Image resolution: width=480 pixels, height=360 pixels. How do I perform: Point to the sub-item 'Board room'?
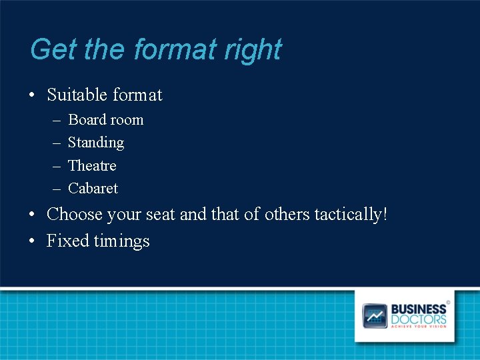tap(105, 120)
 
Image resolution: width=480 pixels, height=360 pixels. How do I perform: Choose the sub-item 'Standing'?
tap(96, 143)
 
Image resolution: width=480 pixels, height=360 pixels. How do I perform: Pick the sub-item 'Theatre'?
tap(92, 165)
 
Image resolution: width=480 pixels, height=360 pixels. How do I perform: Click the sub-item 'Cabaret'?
tap(93, 189)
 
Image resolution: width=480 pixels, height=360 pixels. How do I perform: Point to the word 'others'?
tap(287, 215)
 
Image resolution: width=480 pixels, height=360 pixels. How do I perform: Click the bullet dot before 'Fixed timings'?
tap(32, 241)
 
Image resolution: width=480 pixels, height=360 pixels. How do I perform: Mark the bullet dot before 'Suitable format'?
tap(32, 96)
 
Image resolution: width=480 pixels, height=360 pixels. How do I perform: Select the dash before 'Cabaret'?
tap(54, 189)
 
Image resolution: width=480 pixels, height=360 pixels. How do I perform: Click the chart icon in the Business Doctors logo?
tap(375, 315)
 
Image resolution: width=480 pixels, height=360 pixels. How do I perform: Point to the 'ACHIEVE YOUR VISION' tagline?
tap(419, 326)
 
